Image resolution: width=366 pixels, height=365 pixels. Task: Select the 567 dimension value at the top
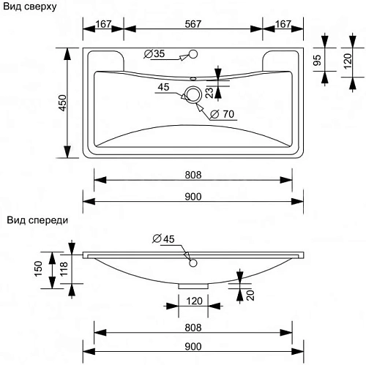pyautogui.click(x=193, y=25)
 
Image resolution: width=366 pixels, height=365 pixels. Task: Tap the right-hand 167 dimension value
pyautogui.click(x=283, y=25)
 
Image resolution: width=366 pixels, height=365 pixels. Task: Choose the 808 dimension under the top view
pyautogui.click(x=193, y=175)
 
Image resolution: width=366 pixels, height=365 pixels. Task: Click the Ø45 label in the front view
pyautogui.click(x=163, y=238)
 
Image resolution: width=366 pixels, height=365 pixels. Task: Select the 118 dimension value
pyautogui.click(x=64, y=270)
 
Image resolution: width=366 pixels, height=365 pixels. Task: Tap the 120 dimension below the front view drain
pyautogui.click(x=193, y=300)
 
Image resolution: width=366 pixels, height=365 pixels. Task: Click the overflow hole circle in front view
pyautogui.click(x=194, y=262)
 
